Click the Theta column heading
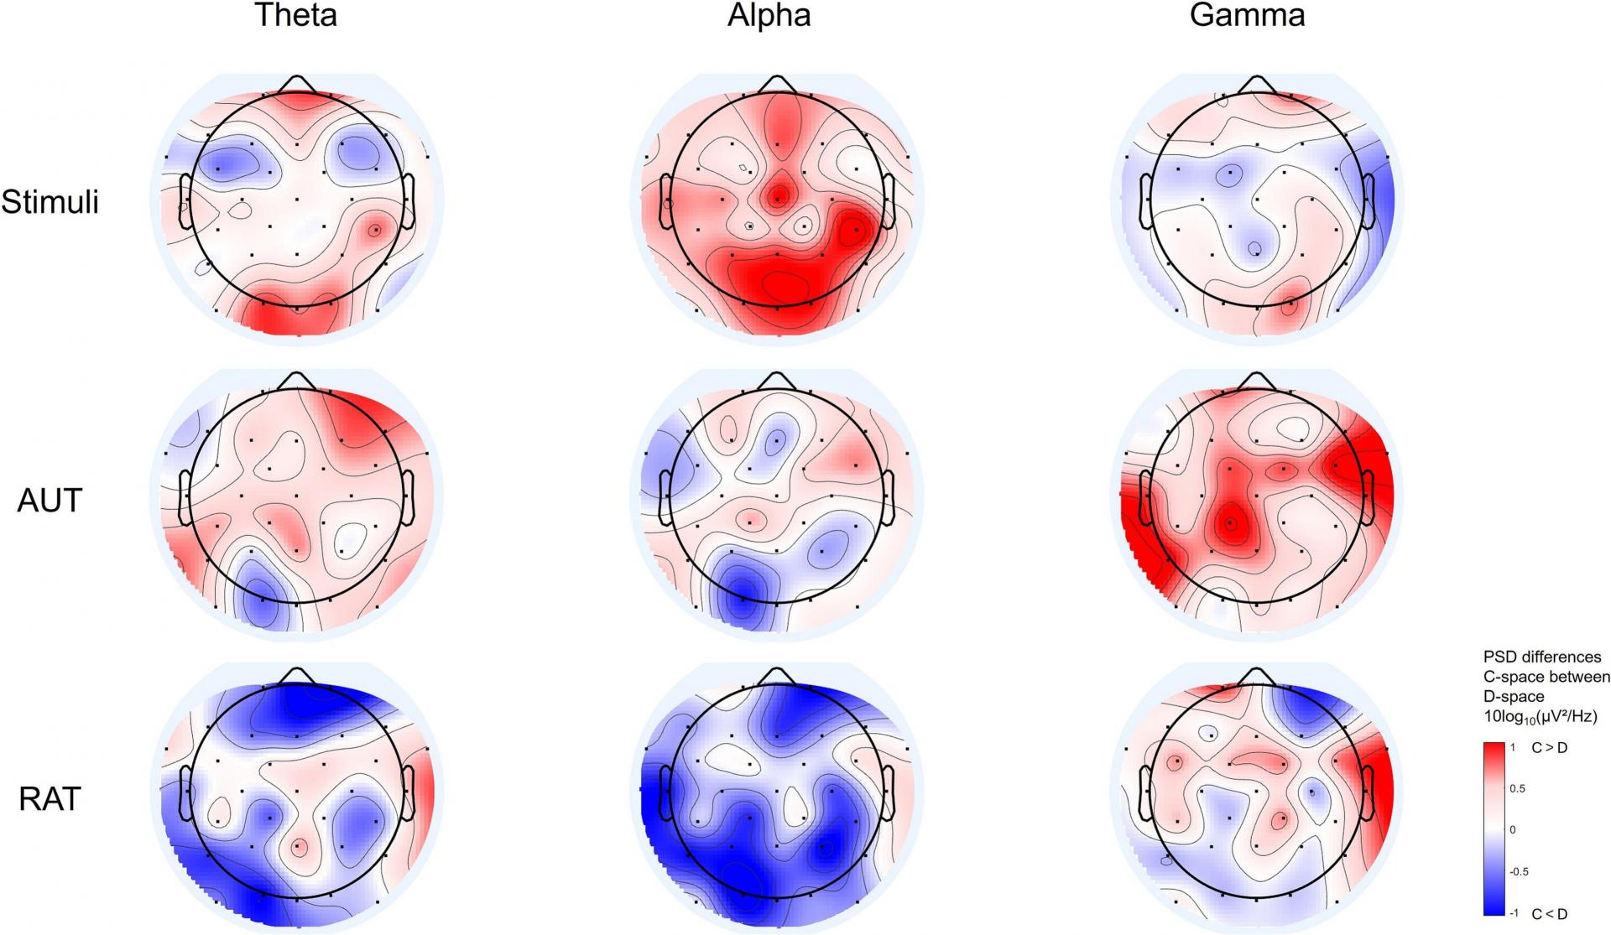point(295,15)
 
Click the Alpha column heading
point(769,16)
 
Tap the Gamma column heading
point(1247,15)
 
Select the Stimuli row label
point(50,202)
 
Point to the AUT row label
point(50,501)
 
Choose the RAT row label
point(50,799)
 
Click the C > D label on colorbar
point(1550,747)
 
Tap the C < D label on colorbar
point(1550,914)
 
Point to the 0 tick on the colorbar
point(1514,830)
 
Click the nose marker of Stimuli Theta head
point(297,84)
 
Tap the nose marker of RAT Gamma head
point(1256,676)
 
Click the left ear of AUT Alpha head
point(665,497)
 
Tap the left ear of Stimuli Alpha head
point(665,201)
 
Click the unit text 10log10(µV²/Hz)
point(1540,717)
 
